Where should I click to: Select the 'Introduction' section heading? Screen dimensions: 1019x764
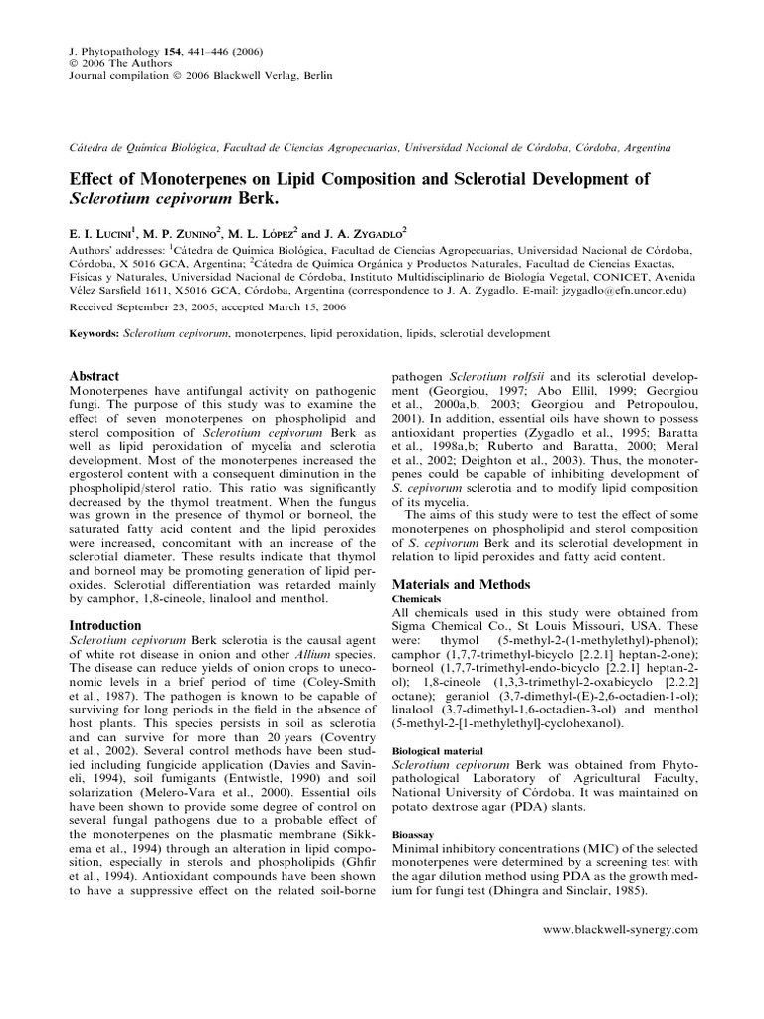pos(103,624)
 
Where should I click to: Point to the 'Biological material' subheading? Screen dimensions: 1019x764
pos(436,750)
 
